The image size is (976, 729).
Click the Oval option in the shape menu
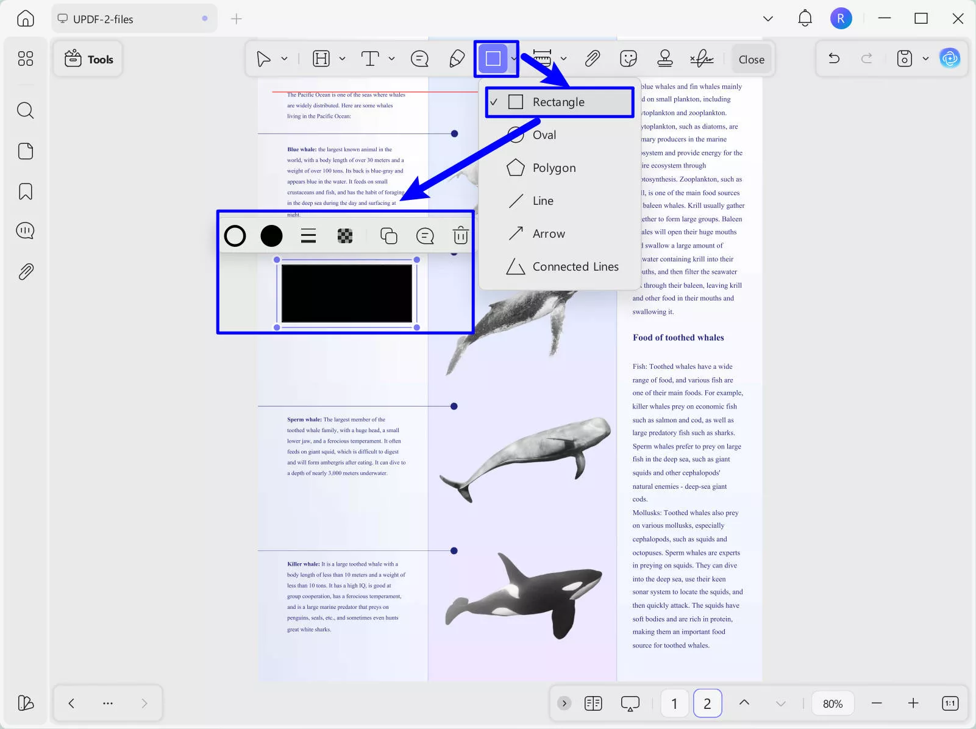point(544,135)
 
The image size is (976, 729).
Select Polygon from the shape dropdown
point(554,168)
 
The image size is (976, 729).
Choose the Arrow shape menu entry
point(548,233)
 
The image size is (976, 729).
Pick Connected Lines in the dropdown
point(575,266)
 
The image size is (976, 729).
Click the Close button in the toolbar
point(751,59)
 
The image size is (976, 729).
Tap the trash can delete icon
point(460,235)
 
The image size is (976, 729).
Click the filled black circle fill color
point(271,236)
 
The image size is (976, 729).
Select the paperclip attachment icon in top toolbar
point(592,59)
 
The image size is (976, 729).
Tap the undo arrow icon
point(834,59)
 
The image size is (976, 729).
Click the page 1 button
point(674,703)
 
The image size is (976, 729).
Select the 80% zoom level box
point(832,703)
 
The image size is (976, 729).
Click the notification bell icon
point(805,18)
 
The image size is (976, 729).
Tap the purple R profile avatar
point(841,18)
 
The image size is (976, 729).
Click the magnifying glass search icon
point(25,110)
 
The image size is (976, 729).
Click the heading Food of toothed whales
point(678,338)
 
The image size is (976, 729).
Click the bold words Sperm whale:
point(304,419)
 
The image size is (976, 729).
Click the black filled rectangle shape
point(346,293)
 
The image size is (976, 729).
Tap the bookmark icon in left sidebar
point(26,191)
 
